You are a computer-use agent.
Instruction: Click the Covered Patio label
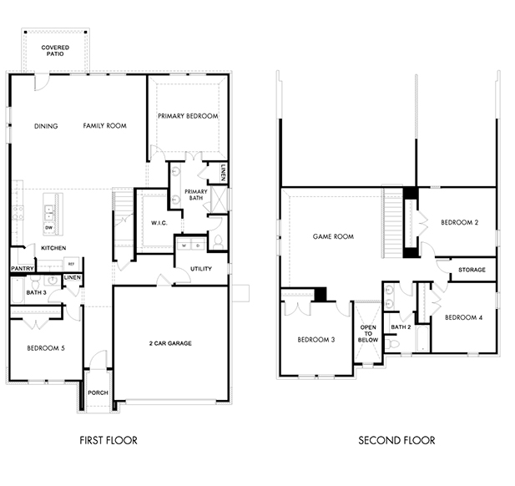(55, 51)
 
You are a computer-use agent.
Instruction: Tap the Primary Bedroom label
(188, 116)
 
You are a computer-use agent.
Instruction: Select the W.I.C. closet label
(159, 223)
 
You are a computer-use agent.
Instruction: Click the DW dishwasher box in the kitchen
(49, 228)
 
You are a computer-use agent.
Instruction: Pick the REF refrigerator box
(71, 264)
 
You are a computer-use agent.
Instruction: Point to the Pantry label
(23, 268)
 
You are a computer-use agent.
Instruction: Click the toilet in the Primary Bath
(218, 242)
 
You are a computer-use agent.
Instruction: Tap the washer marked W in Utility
(184, 246)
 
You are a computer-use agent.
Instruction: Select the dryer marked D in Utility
(198, 246)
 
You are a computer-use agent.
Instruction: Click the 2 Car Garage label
(170, 343)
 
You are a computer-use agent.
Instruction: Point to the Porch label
(98, 392)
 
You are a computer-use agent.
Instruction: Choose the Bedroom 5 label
(46, 348)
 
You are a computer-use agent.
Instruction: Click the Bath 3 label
(36, 292)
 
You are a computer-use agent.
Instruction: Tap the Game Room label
(333, 236)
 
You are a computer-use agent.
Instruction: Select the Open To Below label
(368, 333)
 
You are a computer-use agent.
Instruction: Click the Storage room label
(472, 270)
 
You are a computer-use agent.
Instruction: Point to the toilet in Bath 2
(392, 344)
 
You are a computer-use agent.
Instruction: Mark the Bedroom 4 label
(464, 317)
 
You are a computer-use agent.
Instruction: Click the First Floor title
(109, 440)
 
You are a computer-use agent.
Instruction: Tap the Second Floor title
(396, 440)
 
